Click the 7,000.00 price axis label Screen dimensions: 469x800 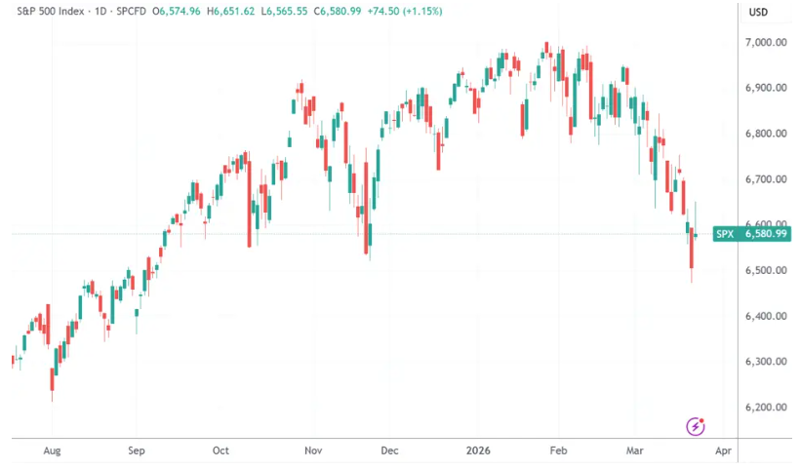[766, 43]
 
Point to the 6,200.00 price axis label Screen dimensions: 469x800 [766, 408]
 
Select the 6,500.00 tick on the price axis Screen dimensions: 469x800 [766, 270]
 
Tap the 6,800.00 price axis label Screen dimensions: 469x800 [766, 134]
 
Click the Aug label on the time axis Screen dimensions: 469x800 [53, 451]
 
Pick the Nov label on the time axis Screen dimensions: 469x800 [313, 451]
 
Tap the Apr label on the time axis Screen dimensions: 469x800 [722, 451]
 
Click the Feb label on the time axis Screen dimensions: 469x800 [559, 451]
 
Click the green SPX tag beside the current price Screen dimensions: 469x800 [725, 234]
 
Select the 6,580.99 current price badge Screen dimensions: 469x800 [766, 234]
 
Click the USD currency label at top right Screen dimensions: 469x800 [758, 13]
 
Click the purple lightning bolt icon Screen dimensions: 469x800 [696, 425]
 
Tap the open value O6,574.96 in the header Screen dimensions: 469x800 [175, 13]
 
